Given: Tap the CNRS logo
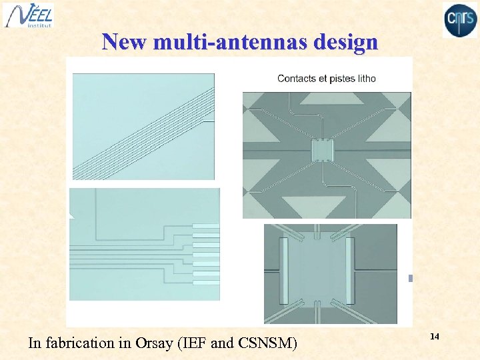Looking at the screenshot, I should coord(460,19).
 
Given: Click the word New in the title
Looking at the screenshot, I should coord(125,42).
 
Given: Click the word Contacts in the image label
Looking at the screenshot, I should coord(297,79).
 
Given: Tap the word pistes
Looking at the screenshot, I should coord(345,79).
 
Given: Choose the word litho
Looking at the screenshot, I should coord(368,79).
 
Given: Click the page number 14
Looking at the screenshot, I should coord(435,337).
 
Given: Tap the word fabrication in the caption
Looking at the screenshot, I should coord(78,343).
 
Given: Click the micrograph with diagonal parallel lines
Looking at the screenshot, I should coord(143,127).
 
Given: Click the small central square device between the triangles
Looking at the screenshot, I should coord(321,151).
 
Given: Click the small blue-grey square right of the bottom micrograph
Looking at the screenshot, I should coord(411,278).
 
